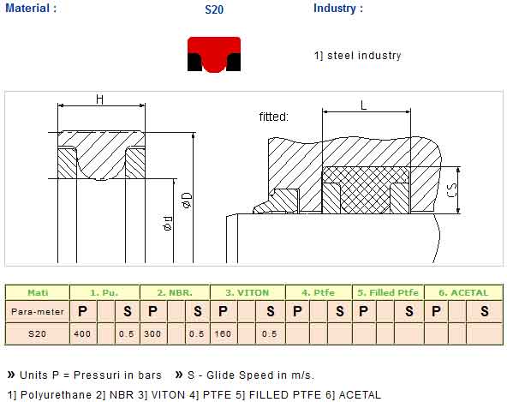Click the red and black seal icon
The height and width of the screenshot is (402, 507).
(x=214, y=54)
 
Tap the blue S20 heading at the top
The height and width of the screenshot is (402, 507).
(x=214, y=9)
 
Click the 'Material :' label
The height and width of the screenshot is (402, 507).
(x=31, y=8)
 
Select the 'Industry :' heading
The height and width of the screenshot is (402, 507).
(x=338, y=8)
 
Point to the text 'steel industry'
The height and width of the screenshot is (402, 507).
(x=364, y=56)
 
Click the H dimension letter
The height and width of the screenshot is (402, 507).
(x=100, y=99)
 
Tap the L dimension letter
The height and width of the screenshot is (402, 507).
(x=364, y=105)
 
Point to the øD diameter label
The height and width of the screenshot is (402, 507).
(x=188, y=200)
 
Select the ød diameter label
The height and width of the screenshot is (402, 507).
(x=168, y=224)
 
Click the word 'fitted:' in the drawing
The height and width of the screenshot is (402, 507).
(x=273, y=117)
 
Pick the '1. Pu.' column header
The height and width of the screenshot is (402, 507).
(x=104, y=292)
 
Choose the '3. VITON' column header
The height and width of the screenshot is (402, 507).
(x=247, y=292)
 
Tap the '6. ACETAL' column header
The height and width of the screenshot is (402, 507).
(x=463, y=292)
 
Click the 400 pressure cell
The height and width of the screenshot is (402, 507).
(x=82, y=333)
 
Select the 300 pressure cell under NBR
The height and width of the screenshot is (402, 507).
(x=152, y=333)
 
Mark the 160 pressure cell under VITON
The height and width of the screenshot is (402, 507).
(x=223, y=333)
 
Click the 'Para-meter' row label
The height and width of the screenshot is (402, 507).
(x=38, y=312)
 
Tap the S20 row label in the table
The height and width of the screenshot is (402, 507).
(x=37, y=333)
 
